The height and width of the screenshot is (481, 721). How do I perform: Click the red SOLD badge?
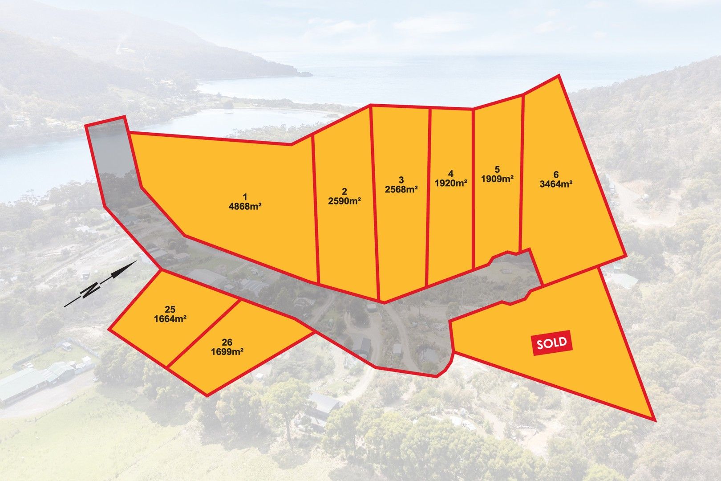point(552,343)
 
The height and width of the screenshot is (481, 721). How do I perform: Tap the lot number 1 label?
point(244,196)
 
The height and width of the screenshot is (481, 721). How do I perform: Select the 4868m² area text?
point(244,207)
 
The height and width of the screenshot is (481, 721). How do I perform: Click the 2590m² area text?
point(344,201)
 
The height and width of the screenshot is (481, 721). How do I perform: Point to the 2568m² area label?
point(401,189)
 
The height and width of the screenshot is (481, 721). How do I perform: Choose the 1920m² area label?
point(451,183)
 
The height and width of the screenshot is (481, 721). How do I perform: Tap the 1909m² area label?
point(497,179)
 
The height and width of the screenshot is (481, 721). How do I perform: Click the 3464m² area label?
point(556,184)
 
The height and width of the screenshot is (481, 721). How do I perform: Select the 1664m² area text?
point(170,319)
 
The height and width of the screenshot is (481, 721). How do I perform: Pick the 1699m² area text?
point(227,352)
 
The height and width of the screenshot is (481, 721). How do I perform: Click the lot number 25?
point(170,310)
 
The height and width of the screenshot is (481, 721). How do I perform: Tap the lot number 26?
point(227,343)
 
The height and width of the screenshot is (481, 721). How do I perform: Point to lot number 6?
point(556,175)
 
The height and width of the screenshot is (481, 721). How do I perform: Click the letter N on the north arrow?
point(91,289)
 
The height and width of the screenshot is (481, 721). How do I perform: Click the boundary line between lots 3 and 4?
point(429,196)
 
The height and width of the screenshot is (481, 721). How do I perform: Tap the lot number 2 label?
point(344,192)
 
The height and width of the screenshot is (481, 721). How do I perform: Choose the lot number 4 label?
point(451,173)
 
